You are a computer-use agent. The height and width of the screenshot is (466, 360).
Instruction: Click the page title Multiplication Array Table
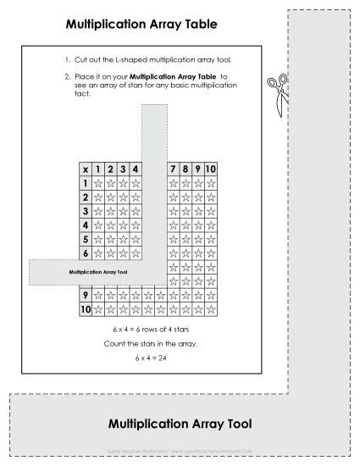[x=141, y=26]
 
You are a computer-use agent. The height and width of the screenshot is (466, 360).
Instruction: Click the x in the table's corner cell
[x=85, y=169]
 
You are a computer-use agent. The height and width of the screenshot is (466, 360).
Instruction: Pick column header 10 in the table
[x=211, y=169]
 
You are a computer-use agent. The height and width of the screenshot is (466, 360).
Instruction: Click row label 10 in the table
[x=85, y=310]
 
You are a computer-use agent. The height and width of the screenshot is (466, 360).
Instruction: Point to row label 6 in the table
[x=85, y=253]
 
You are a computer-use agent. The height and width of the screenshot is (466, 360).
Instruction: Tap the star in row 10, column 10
[x=211, y=310]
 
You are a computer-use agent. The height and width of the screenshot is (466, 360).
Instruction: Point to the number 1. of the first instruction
[x=66, y=61]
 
